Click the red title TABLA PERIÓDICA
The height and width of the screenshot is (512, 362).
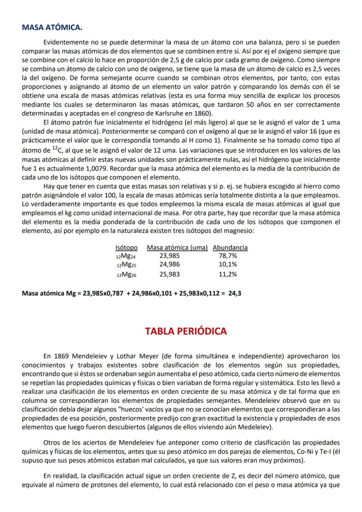coord(186,331)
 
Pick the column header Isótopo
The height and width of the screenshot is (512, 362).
coord(126,247)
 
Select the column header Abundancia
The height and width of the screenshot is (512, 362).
coord(230,247)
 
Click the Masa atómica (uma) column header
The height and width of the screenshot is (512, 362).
coord(177,247)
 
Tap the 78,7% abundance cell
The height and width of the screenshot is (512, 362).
coord(228,256)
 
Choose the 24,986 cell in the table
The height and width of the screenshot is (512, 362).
coord(169,265)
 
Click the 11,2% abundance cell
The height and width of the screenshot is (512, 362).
coord(228,274)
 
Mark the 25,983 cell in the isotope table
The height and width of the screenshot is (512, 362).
coord(169,274)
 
